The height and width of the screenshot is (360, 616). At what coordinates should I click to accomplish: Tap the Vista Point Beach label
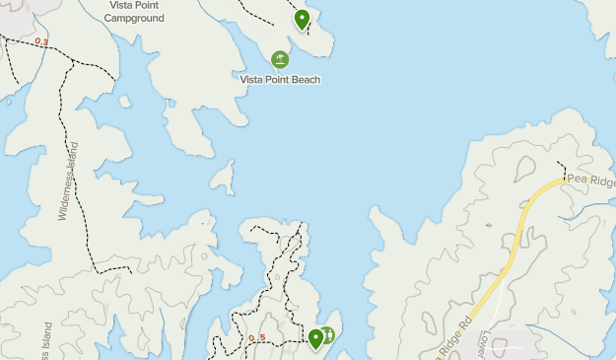click(281, 80)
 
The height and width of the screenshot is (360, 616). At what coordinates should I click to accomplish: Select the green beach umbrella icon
click(281, 60)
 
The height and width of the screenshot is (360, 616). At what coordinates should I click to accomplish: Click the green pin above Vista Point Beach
click(302, 19)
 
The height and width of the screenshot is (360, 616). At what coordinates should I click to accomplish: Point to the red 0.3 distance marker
click(41, 41)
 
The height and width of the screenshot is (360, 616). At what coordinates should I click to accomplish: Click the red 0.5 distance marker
click(257, 338)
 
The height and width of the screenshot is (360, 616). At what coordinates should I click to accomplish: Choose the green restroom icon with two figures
click(328, 335)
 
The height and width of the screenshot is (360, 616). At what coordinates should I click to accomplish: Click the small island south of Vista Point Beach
click(224, 178)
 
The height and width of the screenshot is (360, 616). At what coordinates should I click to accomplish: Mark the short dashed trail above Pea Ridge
click(561, 168)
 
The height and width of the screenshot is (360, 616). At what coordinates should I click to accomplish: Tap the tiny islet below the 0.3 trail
click(124, 101)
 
